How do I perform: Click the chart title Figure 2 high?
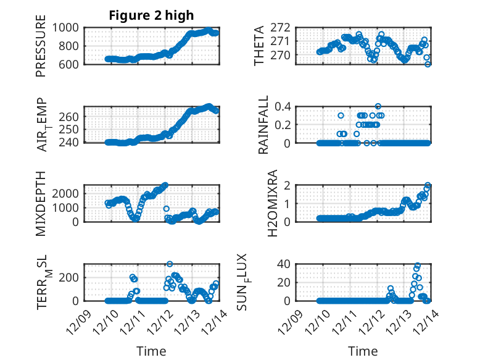coord(151,15)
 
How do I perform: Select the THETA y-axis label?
coord(259,46)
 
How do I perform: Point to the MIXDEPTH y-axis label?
coord(41,203)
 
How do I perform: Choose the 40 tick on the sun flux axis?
coord(285,264)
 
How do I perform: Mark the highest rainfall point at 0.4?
coord(378,106)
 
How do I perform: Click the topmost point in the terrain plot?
coord(170,264)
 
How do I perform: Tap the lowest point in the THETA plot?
coord(428,64)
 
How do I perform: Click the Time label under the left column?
coord(151,351)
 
